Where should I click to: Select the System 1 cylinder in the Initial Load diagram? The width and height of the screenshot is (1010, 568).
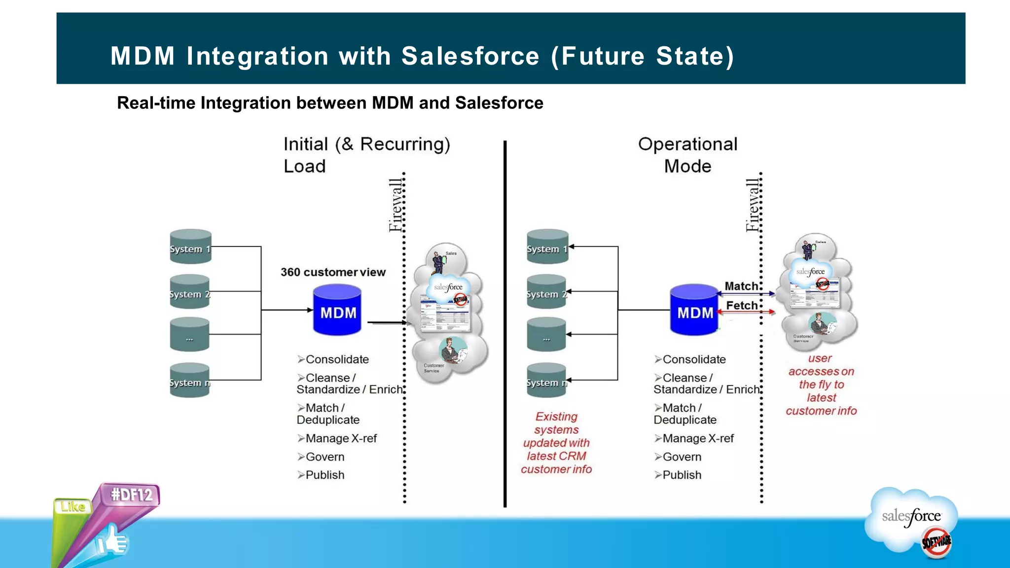pyautogui.click(x=190, y=247)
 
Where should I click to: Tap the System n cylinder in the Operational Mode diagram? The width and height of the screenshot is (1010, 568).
pyautogui.click(x=546, y=381)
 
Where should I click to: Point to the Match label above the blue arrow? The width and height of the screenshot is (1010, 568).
pyautogui.click(x=741, y=286)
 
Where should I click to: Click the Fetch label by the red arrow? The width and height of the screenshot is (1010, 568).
pyautogui.click(x=741, y=306)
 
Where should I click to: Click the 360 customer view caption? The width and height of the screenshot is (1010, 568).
pyautogui.click(x=333, y=272)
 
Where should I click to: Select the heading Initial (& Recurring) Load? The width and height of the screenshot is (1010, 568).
pyautogui.click(x=366, y=155)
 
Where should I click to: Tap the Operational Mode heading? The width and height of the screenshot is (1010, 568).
pyautogui.click(x=687, y=155)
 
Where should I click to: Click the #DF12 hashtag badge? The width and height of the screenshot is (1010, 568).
pyautogui.click(x=131, y=495)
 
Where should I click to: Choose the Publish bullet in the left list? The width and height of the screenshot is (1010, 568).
pyautogui.click(x=325, y=475)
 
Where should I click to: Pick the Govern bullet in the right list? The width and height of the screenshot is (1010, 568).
pyautogui.click(x=682, y=457)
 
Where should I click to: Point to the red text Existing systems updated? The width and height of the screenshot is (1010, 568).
pyautogui.click(x=556, y=443)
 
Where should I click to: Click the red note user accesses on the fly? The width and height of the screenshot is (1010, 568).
pyautogui.click(x=821, y=385)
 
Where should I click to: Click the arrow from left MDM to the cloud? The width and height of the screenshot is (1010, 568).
pyautogui.click(x=387, y=322)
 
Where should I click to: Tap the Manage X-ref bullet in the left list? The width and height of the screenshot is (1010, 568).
pyautogui.click(x=340, y=438)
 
